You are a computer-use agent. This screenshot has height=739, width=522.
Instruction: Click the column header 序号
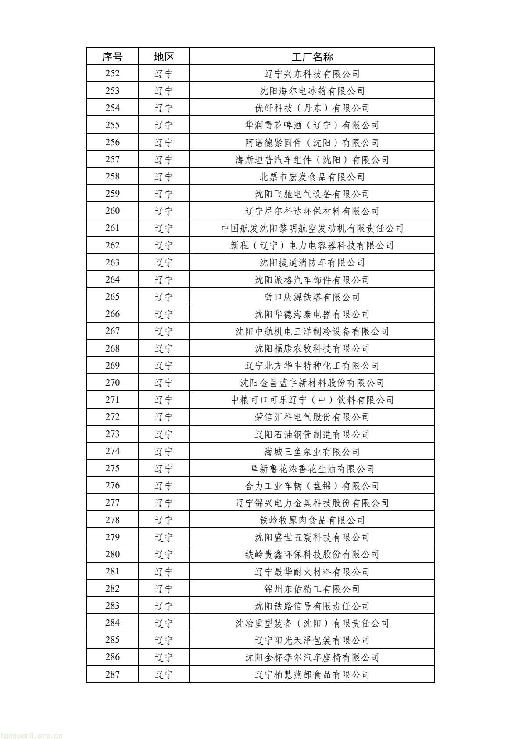click(112, 57)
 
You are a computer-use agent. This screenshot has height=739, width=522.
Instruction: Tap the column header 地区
click(164, 57)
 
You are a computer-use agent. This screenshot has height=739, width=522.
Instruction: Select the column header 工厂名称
click(312, 57)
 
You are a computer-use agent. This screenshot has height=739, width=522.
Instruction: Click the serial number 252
click(112, 74)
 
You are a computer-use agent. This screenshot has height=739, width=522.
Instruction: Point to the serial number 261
click(112, 228)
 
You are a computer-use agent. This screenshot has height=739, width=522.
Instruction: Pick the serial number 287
click(112, 674)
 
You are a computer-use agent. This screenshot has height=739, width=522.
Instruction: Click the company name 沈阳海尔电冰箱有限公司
click(312, 91)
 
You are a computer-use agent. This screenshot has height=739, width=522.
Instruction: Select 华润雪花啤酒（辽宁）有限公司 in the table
click(312, 126)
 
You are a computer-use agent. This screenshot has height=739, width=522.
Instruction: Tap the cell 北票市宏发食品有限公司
click(312, 177)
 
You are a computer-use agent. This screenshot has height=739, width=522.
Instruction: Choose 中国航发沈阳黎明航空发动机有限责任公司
click(312, 228)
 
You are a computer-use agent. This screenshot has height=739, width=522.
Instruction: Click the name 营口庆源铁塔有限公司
click(312, 297)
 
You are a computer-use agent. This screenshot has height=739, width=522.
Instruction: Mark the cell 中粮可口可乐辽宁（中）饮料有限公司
click(312, 400)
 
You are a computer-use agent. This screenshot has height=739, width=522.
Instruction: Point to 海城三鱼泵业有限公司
click(312, 452)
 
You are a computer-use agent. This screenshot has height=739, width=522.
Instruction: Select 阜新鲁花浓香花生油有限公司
click(312, 469)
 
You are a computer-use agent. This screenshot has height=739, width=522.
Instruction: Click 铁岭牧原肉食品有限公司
click(312, 520)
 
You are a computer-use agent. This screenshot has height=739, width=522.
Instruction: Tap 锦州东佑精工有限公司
click(312, 589)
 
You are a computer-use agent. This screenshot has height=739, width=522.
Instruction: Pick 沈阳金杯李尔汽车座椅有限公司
click(312, 657)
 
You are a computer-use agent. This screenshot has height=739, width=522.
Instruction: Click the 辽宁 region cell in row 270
click(164, 383)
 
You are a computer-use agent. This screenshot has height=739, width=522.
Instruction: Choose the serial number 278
click(112, 520)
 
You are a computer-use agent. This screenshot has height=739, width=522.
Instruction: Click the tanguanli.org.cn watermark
click(32, 735)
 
